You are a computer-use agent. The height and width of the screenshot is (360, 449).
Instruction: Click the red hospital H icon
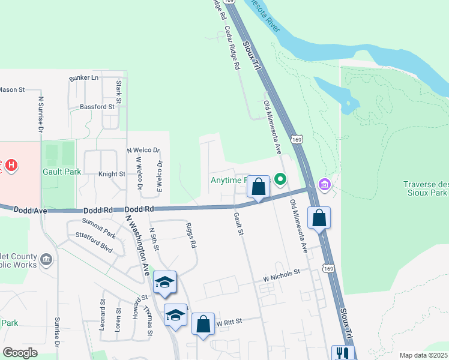pyautogui.click(x=11, y=164)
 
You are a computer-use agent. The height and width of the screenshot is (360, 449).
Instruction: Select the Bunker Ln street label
pyautogui.click(x=83, y=78)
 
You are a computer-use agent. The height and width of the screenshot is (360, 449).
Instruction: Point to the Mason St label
pyautogui.click(x=11, y=89)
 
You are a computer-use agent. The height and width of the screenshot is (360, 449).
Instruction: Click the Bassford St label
pyautogui.click(x=97, y=107)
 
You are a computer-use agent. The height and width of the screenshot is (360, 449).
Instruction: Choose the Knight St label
pyautogui.click(x=112, y=174)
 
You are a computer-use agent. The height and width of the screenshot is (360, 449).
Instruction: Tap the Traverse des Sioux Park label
pyautogui.click(x=425, y=189)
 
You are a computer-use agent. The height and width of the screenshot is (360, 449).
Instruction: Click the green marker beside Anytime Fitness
pyautogui.click(x=280, y=179)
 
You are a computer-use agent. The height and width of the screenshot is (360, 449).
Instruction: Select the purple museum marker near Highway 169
pyautogui.click(x=325, y=183)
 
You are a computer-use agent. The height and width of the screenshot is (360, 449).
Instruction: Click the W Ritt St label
pyautogui.click(x=229, y=322)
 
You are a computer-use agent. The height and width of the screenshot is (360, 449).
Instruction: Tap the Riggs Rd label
pyautogui.click(x=192, y=237)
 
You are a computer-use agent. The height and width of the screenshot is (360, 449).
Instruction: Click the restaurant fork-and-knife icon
pyautogui.click(x=343, y=353)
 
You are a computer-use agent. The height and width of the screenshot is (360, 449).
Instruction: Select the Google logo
pyautogui.click(x=21, y=352)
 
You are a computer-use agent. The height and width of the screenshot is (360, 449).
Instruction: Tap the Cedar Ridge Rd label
pyautogui.click(x=232, y=49)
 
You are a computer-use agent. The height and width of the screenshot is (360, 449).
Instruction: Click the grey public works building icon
pyautogui.click(x=47, y=259)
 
